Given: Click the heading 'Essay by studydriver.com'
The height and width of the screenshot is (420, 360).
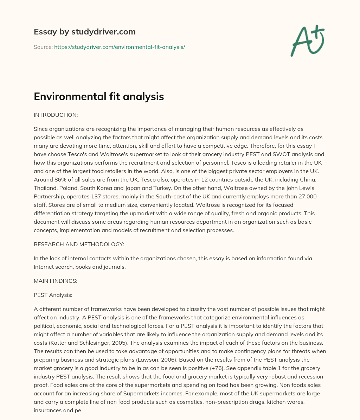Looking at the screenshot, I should (x=84, y=32).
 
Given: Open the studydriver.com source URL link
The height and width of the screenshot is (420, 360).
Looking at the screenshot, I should (x=120, y=47).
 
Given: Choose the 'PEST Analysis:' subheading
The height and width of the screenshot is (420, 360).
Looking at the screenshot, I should (x=53, y=295).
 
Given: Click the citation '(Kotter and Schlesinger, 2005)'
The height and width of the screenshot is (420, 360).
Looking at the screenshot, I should (x=93, y=343).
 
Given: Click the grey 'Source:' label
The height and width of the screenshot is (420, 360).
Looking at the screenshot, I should (x=43, y=47).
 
